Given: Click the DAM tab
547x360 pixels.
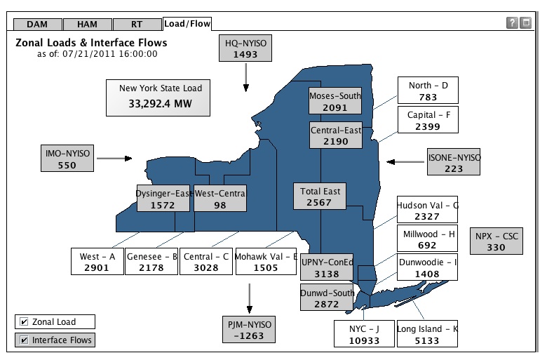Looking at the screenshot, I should click(x=36, y=24).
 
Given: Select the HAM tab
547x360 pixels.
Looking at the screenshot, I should click(x=87, y=24).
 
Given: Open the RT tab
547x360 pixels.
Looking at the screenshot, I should click(x=137, y=24).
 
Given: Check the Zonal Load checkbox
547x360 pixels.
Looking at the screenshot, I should click(x=25, y=322).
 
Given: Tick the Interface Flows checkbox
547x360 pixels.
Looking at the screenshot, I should click(x=25, y=340).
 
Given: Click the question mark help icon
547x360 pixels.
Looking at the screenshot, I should click(x=512, y=23).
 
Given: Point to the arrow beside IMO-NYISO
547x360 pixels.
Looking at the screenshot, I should click(x=114, y=159).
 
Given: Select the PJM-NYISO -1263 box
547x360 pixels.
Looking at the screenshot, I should click(x=247, y=329).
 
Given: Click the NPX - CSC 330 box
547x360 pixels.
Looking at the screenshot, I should click(x=496, y=242).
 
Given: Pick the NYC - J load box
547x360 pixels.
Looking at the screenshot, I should click(x=364, y=334).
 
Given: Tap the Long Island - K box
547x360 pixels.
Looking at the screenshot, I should click(x=427, y=334).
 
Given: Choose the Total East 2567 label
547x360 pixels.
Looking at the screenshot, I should click(x=320, y=196).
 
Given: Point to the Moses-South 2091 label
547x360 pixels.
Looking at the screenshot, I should click(x=335, y=102).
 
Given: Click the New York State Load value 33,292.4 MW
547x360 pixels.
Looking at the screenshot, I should click(x=160, y=104).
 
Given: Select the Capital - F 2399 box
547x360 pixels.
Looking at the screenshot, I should click(x=427, y=120).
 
